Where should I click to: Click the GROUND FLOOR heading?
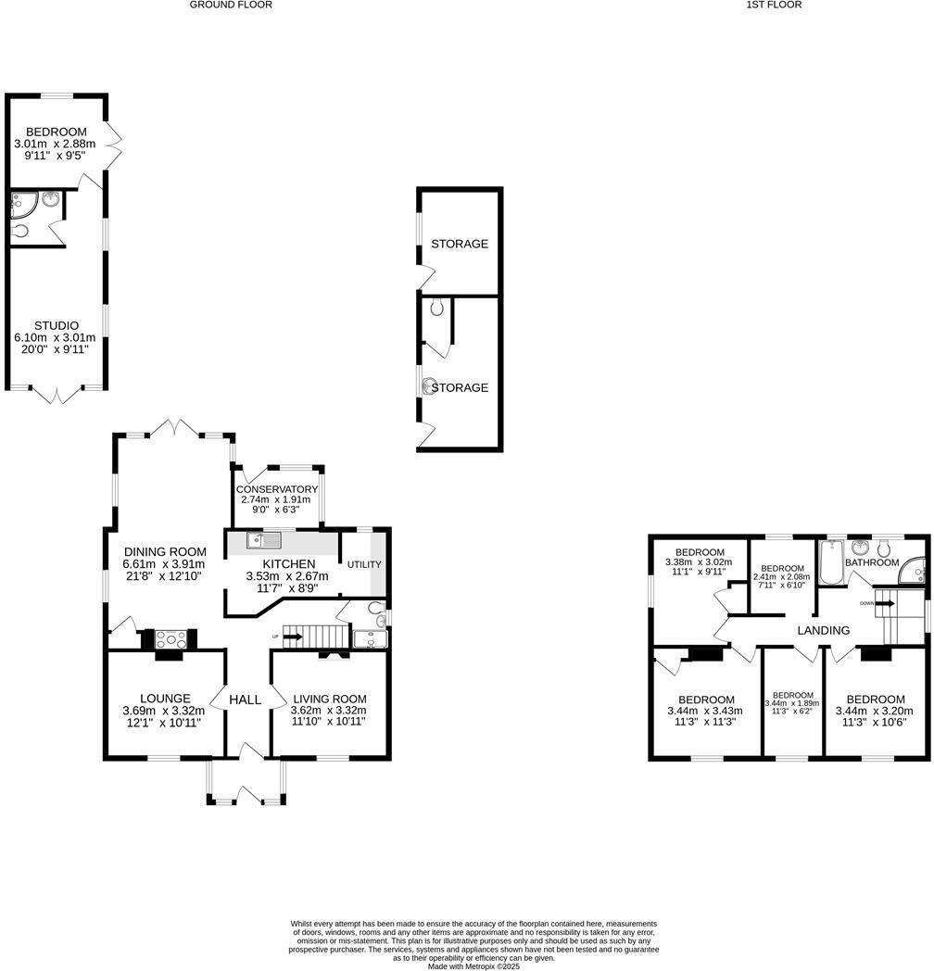231,5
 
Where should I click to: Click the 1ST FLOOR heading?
774,5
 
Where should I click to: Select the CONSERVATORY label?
277,489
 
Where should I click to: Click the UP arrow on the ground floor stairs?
291,637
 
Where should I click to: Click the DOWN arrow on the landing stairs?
883,603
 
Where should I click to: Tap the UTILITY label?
364,564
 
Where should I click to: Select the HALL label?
246,700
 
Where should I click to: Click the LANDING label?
824,630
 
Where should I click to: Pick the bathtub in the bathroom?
830,564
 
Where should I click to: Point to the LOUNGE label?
165,699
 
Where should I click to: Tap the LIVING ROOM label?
330,699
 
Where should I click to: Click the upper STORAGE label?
460,244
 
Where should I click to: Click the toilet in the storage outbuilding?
436,307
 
